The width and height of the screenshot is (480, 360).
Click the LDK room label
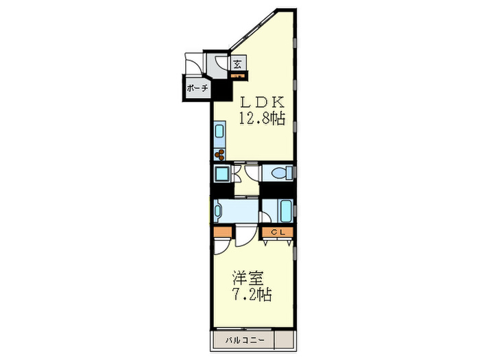click(261, 102)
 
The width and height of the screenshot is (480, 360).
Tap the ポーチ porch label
click(196, 88)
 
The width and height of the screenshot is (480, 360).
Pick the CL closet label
click(278, 232)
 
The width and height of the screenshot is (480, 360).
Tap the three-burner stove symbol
click(219, 155)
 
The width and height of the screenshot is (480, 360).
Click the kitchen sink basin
click(219, 130)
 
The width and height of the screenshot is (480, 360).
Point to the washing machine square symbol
click(221, 173)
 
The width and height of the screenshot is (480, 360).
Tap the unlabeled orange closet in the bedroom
click(222, 233)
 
